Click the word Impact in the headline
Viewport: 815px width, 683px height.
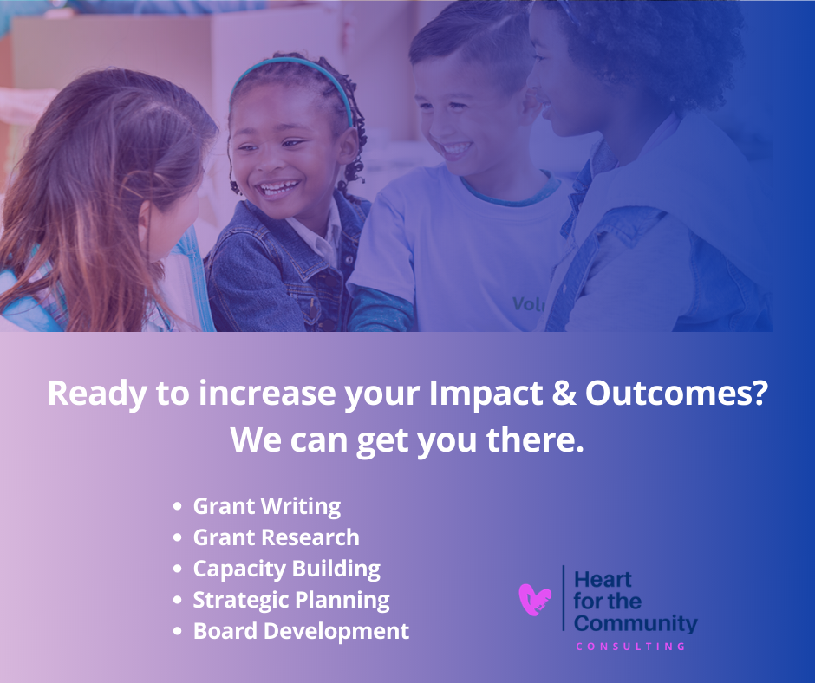(x=486, y=393)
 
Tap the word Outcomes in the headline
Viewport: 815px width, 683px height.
(x=676, y=393)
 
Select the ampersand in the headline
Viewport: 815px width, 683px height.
(x=564, y=393)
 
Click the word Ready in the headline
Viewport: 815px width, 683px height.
(x=97, y=394)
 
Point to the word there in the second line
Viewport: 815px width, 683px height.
(x=535, y=439)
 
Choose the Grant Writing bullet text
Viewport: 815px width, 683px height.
(x=267, y=507)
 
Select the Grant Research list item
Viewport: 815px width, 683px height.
(x=277, y=537)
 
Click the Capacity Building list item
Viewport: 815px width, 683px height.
(x=287, y=569)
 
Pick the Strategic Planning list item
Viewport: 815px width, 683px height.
(x=291, y=601)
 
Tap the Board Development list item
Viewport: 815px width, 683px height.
(x=302, y=632)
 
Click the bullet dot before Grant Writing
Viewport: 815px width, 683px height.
(x=178, y=506)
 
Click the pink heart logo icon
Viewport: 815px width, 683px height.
(x=535, y=599)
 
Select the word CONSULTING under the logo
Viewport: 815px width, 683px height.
(x=631, y=647)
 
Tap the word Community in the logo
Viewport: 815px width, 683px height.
(x=636, y=623)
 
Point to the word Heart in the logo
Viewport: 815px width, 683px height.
(x=603, y=579)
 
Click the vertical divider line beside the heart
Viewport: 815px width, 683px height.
(x=564, y=598)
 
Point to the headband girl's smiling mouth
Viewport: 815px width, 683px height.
(x=279, y=187)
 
